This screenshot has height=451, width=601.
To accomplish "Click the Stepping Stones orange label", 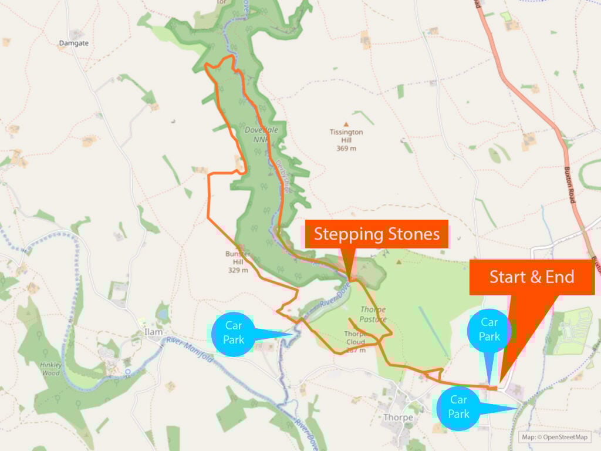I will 376,234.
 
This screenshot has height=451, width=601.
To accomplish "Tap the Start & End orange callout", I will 532,277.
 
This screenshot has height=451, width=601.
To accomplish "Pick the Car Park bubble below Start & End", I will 489,329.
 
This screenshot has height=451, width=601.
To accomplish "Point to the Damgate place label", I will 73,43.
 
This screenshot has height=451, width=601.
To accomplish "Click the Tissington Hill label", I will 346,136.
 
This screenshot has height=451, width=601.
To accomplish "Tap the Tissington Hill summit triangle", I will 346,124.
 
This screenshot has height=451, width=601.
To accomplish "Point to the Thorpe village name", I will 398,418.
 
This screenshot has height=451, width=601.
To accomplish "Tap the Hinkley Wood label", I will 50,368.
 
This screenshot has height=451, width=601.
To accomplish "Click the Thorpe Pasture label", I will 373,314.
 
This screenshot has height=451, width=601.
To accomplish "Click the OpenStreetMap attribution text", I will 555,437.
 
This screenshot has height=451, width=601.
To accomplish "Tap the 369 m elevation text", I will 346,149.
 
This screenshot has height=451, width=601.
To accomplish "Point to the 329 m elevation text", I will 238,270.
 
